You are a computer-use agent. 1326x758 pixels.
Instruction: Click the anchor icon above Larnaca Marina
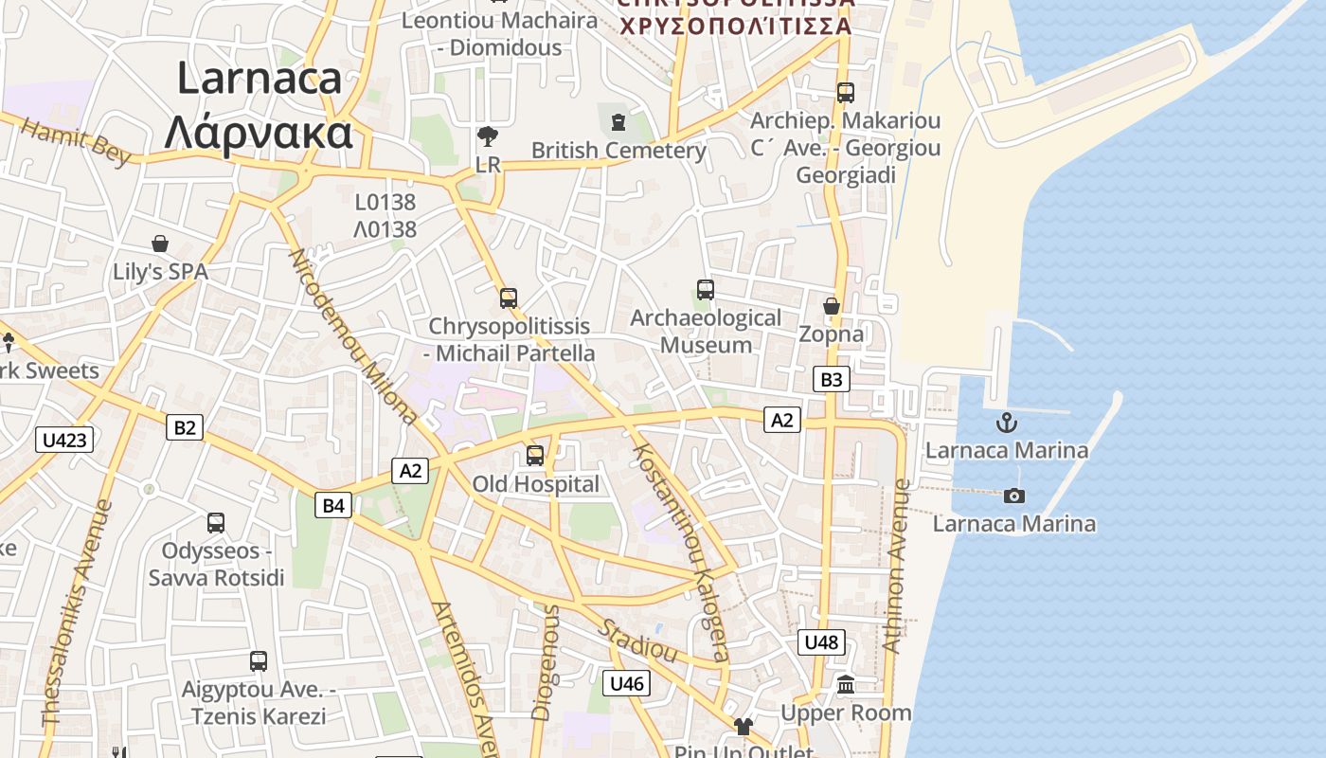pyautogui.click(x=1007, y=423)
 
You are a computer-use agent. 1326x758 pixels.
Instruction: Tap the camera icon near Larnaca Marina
pyautogui.click(x=1013, y=496)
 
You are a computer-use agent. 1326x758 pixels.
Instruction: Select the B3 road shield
pyautogui.click(x=831, y=380)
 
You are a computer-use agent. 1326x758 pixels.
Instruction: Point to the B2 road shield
pyautogui.click(x=185, y=427)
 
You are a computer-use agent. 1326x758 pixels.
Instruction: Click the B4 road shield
pyautogui.click(x=333, y=505)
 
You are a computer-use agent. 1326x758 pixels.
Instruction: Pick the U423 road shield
pyautogui.click(x=65, y=440)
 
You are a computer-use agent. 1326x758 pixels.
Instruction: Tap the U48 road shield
pyautogui.click(x=820, y=642)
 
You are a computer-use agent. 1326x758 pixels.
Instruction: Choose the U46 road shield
pyautogui.click(x=626, y=683)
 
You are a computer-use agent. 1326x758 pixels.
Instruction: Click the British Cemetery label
pyautogui.click(x=618, y=151)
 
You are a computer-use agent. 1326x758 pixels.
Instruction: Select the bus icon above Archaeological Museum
pyautogui.click(x=705, y=290)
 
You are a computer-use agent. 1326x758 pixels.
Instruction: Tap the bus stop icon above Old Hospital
pyautogui.click(x=535, y=456)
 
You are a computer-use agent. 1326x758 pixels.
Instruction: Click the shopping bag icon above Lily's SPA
pyautogui.click(x=160, y=244)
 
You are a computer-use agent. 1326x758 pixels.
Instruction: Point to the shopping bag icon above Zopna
pyautogui.click(x=831, y=306)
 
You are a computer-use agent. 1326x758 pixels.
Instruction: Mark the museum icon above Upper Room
pyautogui.click(x=846, y=684)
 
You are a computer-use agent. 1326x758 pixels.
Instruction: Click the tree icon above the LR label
pyautogui.click(x=488, y=136)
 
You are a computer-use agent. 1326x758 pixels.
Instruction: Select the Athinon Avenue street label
pyautogui.click(x=896, y=566)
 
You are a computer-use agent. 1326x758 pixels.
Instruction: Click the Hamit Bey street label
pyautogui.click(x=75, y=143)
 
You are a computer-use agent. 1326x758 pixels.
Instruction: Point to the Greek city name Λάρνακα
pyautogui.click(x=259, y=133)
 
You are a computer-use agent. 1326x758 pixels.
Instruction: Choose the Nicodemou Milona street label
pyautogui.click(x=352, y=335)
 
